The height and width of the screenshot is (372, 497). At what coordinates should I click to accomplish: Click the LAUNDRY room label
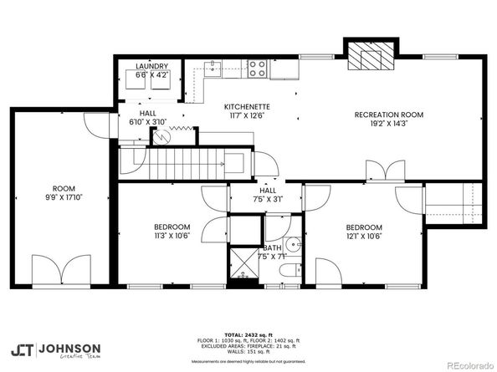[151, 66]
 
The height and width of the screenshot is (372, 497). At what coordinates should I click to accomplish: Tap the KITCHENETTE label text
[246, 108]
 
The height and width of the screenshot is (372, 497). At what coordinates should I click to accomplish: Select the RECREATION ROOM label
[388, 115]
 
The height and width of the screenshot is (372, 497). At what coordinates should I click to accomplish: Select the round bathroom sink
[292, 245]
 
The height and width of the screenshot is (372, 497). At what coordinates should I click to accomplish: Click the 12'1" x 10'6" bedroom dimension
[364, 237]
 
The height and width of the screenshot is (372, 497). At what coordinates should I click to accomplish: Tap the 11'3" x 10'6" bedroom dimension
[172, 236]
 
